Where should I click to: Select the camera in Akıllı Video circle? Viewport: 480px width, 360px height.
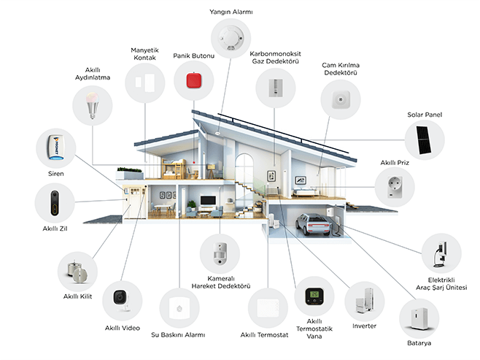click(x=120, y=299)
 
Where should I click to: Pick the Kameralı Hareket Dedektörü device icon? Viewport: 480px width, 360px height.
click(x=220, y=252)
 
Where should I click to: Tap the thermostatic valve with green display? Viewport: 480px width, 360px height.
click(x=313, y=296)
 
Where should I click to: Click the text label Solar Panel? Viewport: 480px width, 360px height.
click(x=424, y=115)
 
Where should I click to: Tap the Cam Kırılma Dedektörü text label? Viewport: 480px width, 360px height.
click(x=341, y=69)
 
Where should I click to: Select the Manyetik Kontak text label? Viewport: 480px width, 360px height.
click(x=144, y=54)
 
